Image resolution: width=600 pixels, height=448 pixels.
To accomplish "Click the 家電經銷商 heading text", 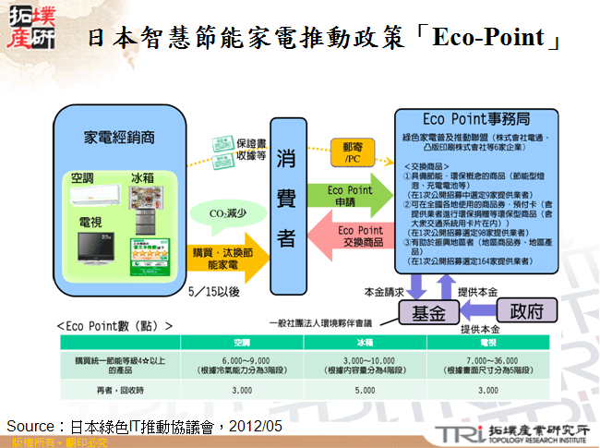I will pyautogui.click(x=119, y=137).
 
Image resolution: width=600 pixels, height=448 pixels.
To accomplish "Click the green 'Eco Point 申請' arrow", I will pyautogui.click(x=350, y=196).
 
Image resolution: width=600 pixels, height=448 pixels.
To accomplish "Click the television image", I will pyautogui.click(x=100, y=248).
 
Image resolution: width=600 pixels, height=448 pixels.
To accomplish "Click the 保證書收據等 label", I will pyautogui.click(x=250, y=150).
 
